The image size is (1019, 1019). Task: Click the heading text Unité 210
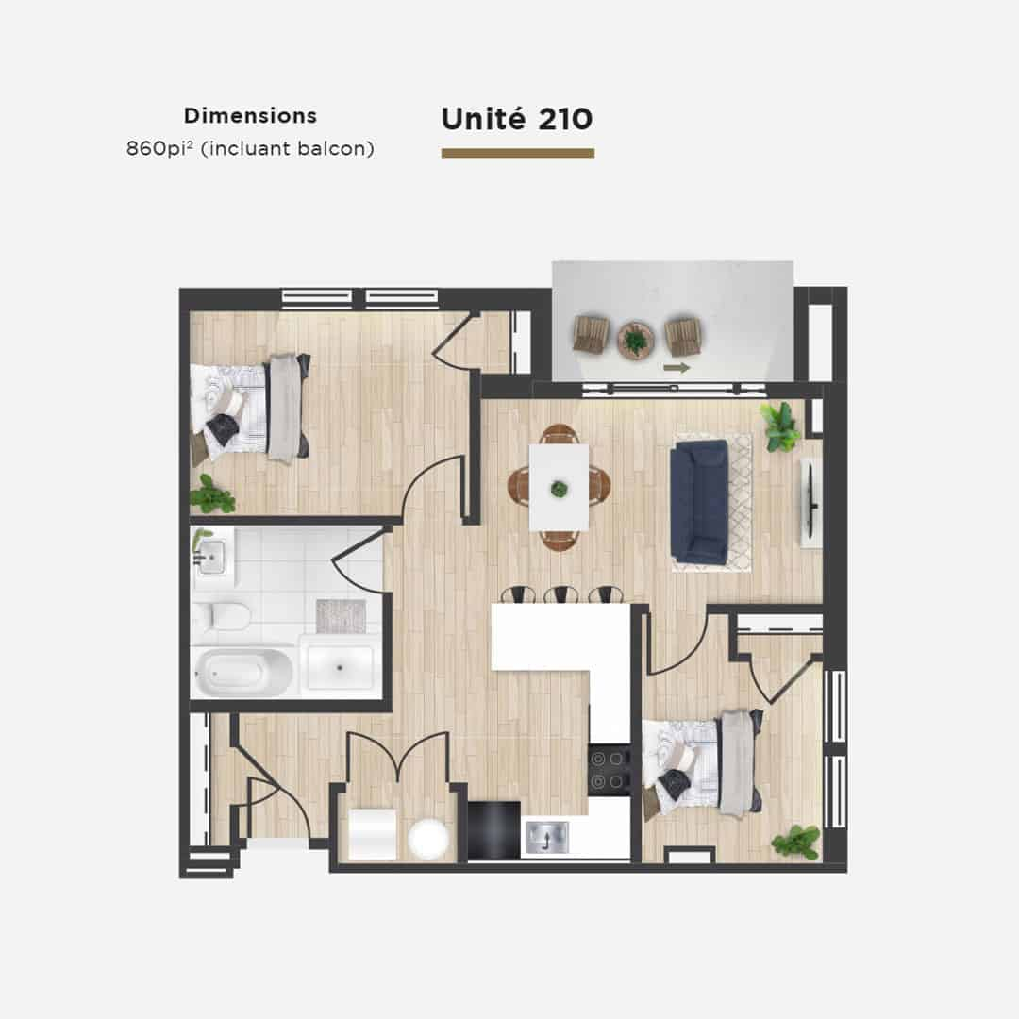517,119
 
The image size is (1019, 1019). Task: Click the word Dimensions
250,116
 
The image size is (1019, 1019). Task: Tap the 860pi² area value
159,149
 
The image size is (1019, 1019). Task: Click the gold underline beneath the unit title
518,154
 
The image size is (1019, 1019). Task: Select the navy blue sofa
699,501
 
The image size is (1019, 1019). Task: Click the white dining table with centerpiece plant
559,488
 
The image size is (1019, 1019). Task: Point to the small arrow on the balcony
676,368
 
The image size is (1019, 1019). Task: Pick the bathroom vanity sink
212,557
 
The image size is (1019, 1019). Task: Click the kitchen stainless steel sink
547,837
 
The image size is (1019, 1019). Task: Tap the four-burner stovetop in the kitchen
609,770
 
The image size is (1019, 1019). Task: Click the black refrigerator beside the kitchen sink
493,830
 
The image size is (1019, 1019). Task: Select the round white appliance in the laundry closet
429,839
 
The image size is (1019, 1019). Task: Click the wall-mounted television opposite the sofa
810,502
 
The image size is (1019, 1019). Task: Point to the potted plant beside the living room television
781,426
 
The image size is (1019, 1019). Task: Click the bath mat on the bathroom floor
342,615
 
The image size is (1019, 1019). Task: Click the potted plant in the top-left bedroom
211,495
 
